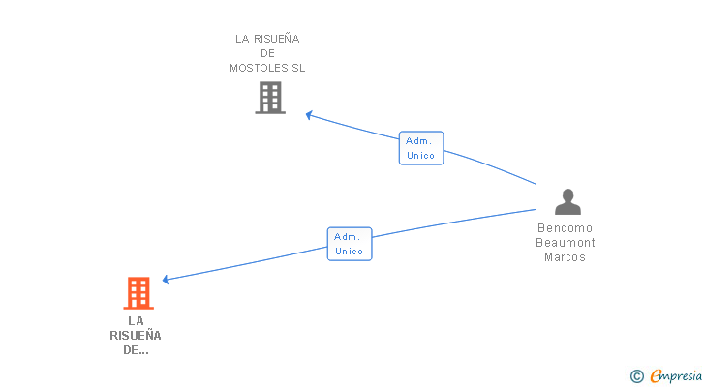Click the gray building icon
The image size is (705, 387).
270,98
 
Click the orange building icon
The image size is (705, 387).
138,293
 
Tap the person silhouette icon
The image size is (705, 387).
567,202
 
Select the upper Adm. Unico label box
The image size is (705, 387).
421,148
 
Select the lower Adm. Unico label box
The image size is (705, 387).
350,244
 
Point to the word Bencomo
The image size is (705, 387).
567,229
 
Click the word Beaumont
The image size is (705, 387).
567,243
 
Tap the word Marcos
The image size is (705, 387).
566,257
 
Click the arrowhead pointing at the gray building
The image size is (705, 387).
309,115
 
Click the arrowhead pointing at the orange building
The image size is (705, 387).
166,280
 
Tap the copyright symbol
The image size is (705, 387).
637,375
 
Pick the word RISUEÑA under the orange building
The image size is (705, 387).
136,336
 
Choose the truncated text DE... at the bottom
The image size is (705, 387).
136,350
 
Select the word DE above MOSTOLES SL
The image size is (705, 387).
267,54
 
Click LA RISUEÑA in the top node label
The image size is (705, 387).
267,40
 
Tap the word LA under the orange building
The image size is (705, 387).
136,320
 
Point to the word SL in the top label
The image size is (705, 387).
297,69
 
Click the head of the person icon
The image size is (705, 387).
567,194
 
